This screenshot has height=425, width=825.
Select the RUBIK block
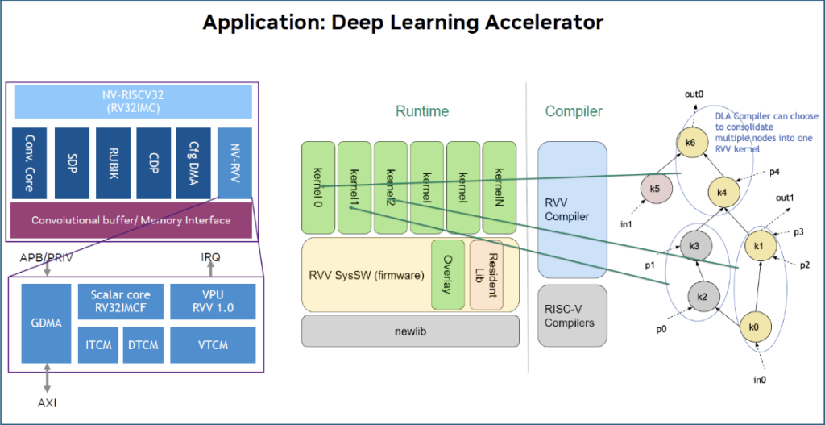pyautogui.click(x=113, y=162)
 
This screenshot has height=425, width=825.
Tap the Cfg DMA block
pyautogui.click(x=193, y=162)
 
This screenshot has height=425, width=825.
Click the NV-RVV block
pyautogui.click(x=234, y=162)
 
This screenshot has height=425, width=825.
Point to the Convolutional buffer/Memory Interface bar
pyautogui.click(x=131, y=220)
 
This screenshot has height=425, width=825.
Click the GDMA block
pyautogui.click(x=45, y=323)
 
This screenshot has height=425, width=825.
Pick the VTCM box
pyautogui.click(x=212, y=344)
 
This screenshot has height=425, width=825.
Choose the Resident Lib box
pyautogui.click(x=486, y=274)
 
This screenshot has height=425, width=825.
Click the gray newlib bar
pyautogui.click(x=410, y=331)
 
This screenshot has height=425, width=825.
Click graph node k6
pyautogui.click(x=690, y=143)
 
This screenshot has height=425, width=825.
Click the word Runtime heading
pyautogui.click(x=421, y=111)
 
